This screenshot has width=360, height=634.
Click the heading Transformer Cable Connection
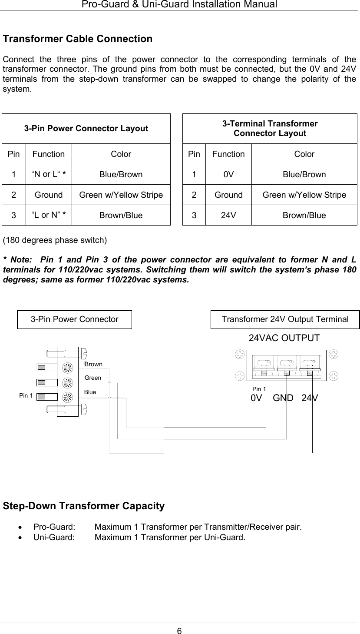tap(78, 39)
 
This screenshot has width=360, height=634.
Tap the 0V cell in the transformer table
tap(228, 175)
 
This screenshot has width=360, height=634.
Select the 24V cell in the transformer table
tap(228, 215)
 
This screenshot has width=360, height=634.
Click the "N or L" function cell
tap(49, 175)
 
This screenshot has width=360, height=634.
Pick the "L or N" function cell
tap(49, 215)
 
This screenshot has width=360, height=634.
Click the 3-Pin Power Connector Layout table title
tap(86, 129)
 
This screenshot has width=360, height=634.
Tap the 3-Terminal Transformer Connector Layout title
tap(270, 129)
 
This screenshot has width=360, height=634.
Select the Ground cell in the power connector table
tap(49, 195)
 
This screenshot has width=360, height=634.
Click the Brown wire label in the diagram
tap(93, 364)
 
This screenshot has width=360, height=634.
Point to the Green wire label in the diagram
tap(93, 378)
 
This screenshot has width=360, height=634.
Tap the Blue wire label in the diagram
tap(90, 392)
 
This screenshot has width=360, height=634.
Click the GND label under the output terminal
tap(283, 398)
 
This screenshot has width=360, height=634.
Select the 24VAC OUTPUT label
tap(284, 338)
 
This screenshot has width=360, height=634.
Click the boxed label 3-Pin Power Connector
tap(74, 319)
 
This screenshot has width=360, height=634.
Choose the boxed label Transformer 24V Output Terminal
tap(285, 319)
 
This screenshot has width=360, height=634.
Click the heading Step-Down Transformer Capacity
tap(84, 506)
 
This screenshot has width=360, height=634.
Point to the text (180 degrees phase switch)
tap(55, 240)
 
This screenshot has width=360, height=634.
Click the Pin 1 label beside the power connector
tap(26, 395)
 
